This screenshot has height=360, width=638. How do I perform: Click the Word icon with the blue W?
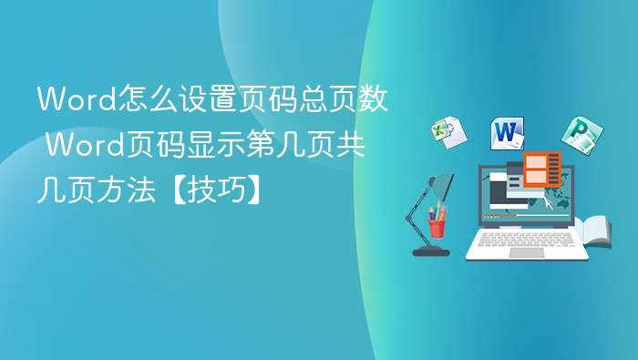507,133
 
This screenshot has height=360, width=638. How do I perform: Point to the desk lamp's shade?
442,186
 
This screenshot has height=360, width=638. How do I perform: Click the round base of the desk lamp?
430,251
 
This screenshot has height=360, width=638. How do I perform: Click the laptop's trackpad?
527,252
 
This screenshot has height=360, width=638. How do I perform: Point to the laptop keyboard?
527,238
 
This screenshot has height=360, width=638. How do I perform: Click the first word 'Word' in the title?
67,98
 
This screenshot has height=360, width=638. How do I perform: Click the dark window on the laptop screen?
506,192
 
